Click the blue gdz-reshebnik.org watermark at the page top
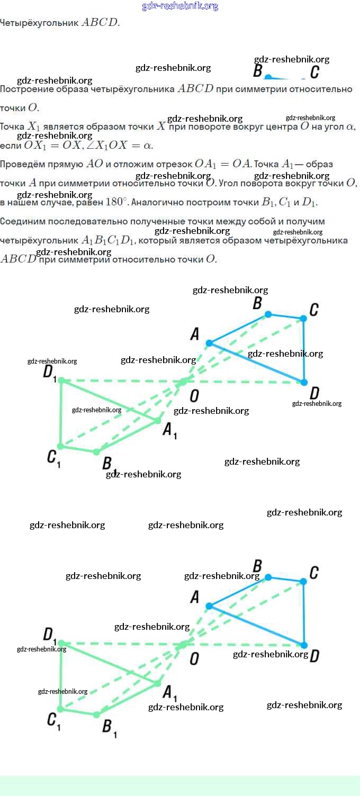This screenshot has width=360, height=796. pos(180,6)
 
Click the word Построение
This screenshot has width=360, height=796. pos(24,89)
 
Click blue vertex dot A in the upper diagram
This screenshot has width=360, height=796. pos(209,343)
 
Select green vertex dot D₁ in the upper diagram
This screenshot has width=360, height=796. pos(61,380)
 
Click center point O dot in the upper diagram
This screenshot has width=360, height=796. pos(183,382)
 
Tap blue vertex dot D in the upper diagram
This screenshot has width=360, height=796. pos(304,382)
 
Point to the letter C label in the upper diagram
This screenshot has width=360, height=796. pos(314,310)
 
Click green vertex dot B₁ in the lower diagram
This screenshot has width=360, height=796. pos(96,714)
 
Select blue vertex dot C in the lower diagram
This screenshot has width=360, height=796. pos(303,581)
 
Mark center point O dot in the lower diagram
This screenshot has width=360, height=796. pos(183,645)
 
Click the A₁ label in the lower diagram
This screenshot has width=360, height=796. pos(169,693)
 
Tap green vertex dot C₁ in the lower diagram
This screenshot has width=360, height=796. pos(60,709)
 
